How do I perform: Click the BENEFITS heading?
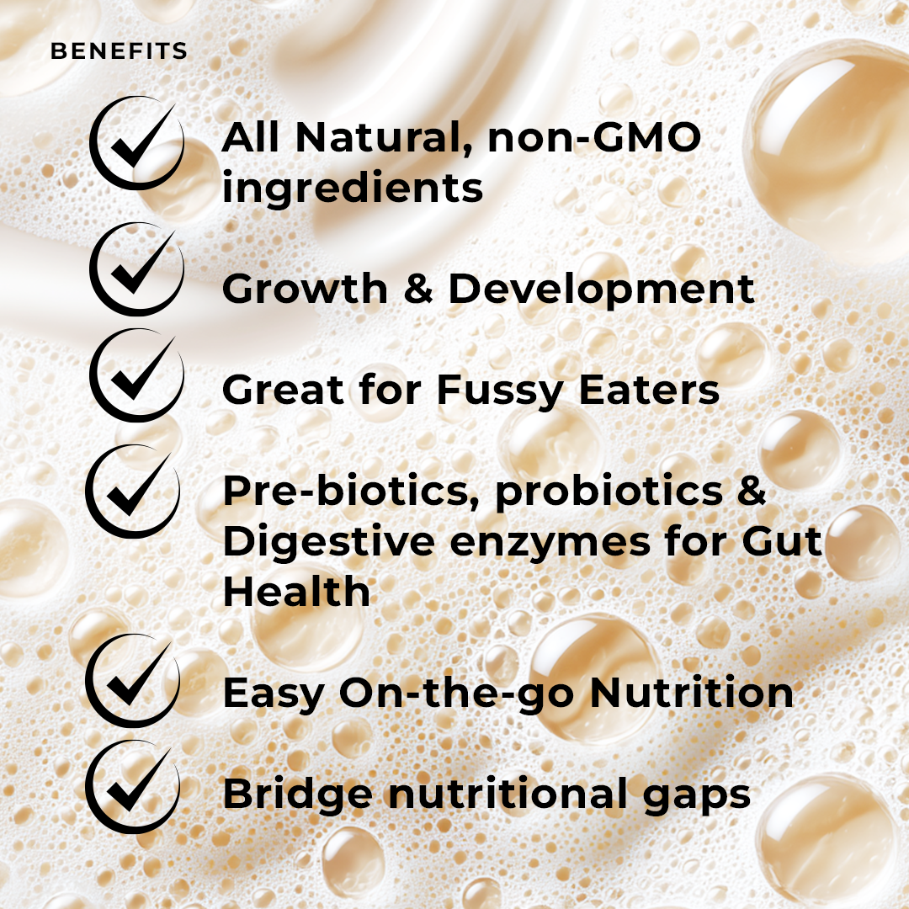(119, 51)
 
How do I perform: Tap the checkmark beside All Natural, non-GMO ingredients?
(135, 143)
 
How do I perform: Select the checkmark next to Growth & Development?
(135, 269)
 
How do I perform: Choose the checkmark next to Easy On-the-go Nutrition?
(133, 682)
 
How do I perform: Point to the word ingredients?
(353, 189)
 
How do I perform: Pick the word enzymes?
(550, 543)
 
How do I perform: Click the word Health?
(296, 592)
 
